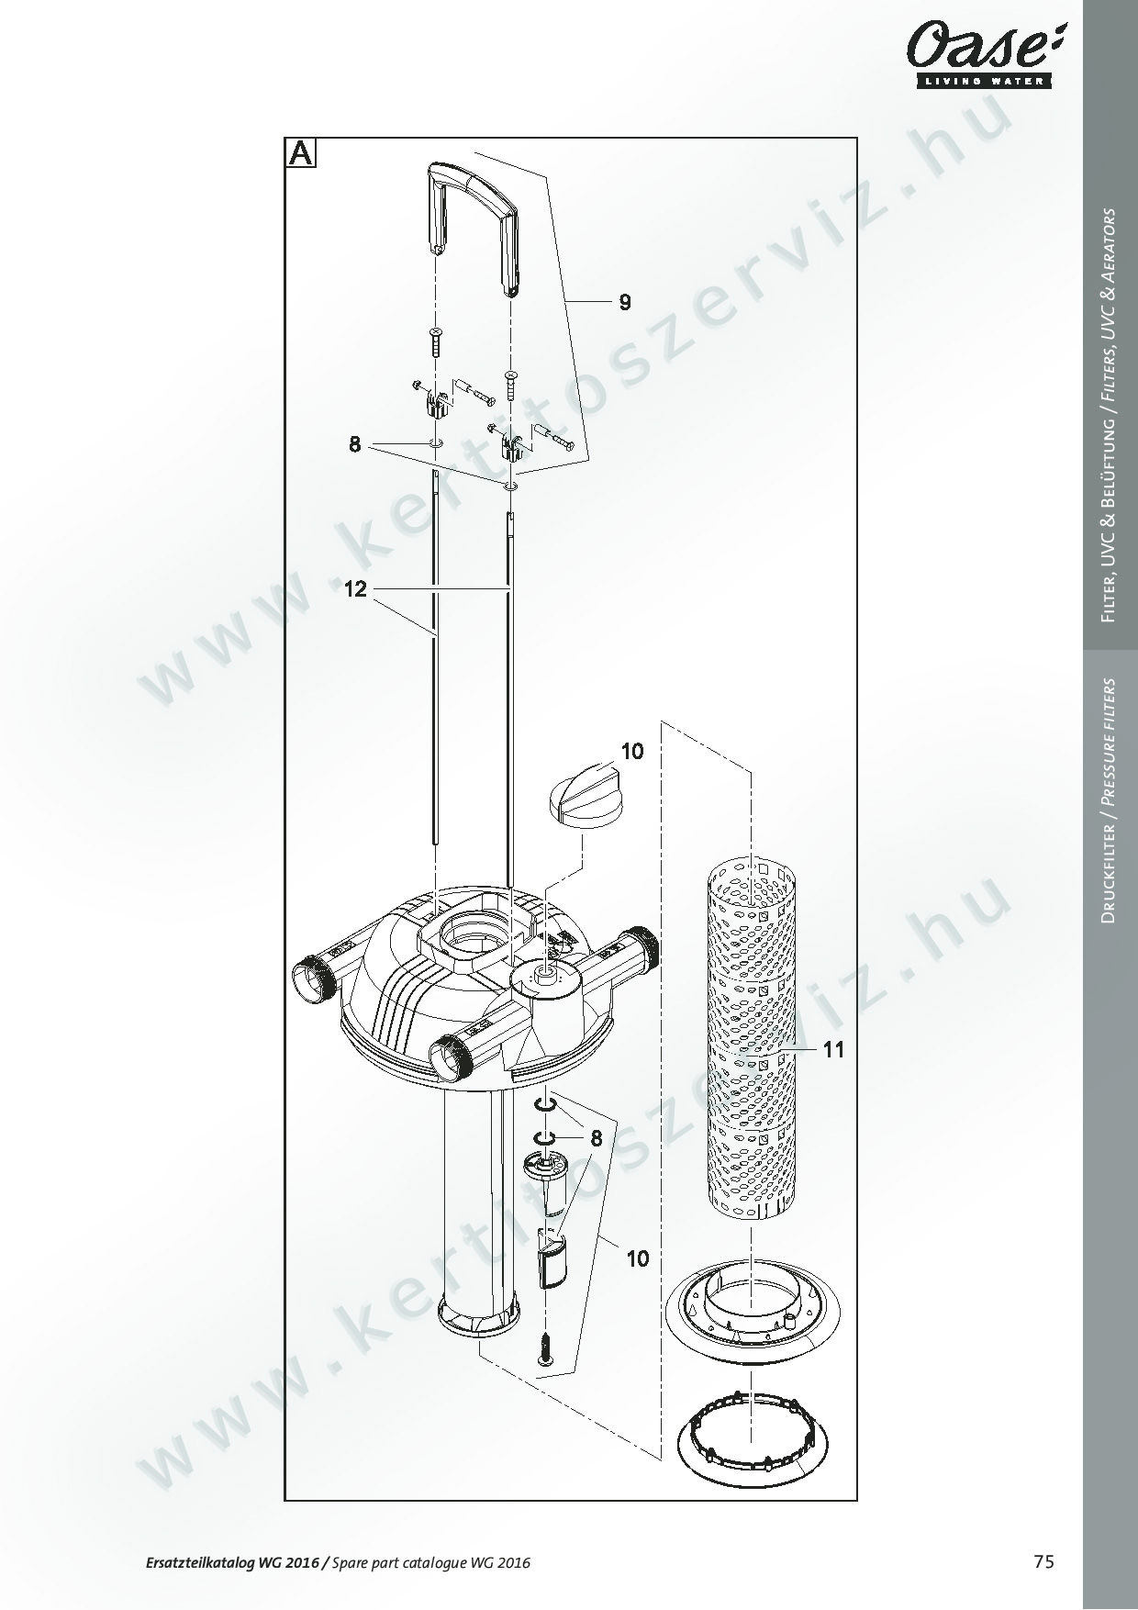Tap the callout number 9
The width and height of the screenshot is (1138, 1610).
pyautogui.click(x=625, y=303)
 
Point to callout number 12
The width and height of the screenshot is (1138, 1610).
pyautogui.click(x=355, y=589)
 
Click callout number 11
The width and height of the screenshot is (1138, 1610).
pyautogui.click(x=833, y=1049)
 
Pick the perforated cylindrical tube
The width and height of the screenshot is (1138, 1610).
pyautogui.click(x=752, y=1041)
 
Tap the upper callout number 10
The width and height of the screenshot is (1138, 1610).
pyautogui.click(x=632, y=751)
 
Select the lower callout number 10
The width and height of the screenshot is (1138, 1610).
pyautogui.click(x=638, y=1258)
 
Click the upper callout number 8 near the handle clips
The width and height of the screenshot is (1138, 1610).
pyautogui.click(x=355, y=445)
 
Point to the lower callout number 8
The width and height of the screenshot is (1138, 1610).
pyautogui.click(x=597, y=1139)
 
